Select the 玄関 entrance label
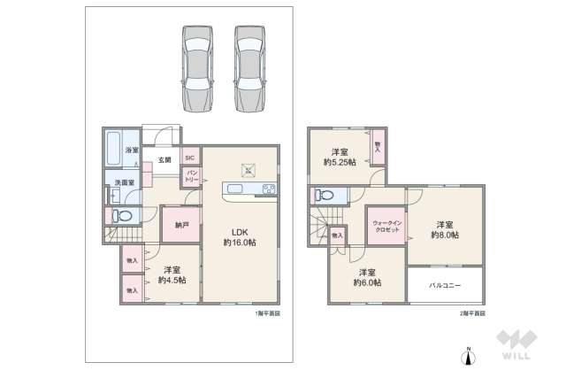164,160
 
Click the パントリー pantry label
190,177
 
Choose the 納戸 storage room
180,226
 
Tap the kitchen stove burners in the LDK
268,189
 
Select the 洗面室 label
125,183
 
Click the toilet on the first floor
124,214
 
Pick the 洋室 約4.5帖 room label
172,274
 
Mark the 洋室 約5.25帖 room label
339,157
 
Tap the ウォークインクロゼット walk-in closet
386,226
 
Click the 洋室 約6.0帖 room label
366,277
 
